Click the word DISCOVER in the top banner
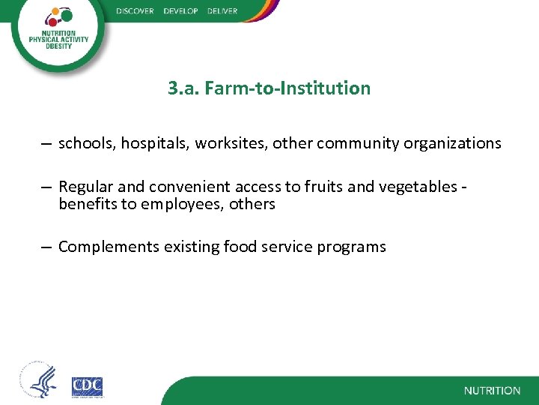[x=135, y=11]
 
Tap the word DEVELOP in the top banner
[x=180, y=11]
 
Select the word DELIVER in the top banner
[x=222, y=11]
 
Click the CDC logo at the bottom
[x=87, y=386]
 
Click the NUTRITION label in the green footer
[x=492, y=391]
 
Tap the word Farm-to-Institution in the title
[x=287, y=88]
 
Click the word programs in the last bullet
[x=354, y=247]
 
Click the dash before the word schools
[x=46, y=143]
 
